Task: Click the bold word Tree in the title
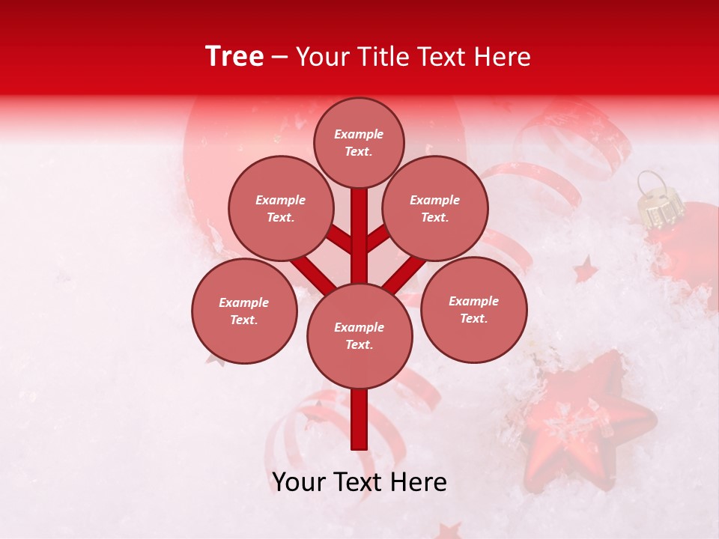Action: [234, 57]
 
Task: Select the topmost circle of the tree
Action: [359, 142]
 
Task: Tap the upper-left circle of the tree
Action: [281, 208]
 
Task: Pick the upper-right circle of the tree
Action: [435, 208]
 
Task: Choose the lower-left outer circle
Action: [244, 311]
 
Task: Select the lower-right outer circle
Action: [474, 309]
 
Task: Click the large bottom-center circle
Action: [359, 336]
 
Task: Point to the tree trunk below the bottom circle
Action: [359, 419]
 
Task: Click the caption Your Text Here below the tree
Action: [359, 482]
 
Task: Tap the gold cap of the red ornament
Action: [657, 205]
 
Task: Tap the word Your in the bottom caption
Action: [298, 482]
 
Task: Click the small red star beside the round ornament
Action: [585, 269]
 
